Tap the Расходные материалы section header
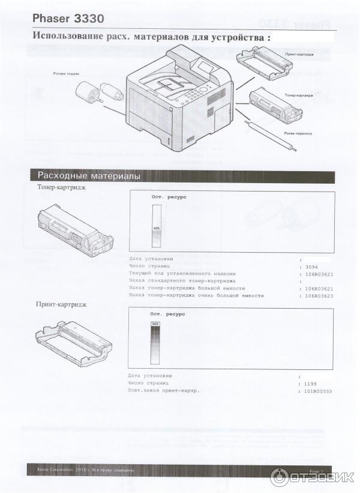pos(89,176)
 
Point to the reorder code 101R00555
pos(318,391)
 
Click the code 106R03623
pos(318,295)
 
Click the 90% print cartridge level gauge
pos(155,343)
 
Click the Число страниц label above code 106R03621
pos(149,265)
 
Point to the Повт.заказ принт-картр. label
pos(163,391)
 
